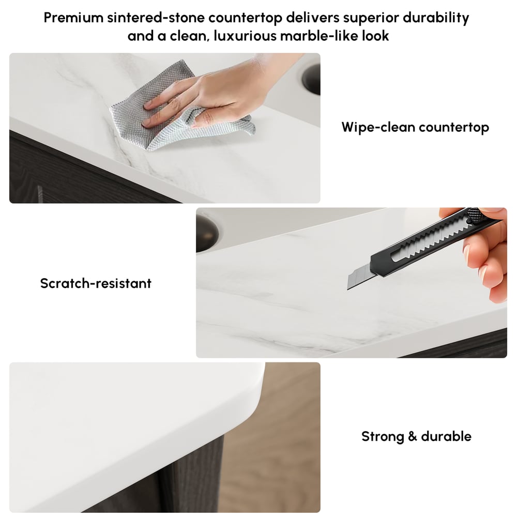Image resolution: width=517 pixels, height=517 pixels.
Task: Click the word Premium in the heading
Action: pos(73,18)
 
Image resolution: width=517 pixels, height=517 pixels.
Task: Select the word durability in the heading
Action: pos(435,18)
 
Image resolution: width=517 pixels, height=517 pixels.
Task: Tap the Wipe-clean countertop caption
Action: pos(415,127)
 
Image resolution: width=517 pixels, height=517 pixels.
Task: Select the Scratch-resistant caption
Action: pos(96,283)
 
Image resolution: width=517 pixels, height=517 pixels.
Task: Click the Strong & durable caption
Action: pos(416,436)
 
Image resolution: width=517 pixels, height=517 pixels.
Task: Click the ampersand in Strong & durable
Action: pos(413,436)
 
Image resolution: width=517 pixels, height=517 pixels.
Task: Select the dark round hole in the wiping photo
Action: pos(311,79)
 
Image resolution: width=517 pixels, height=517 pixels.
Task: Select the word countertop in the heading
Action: pos(245,18)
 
